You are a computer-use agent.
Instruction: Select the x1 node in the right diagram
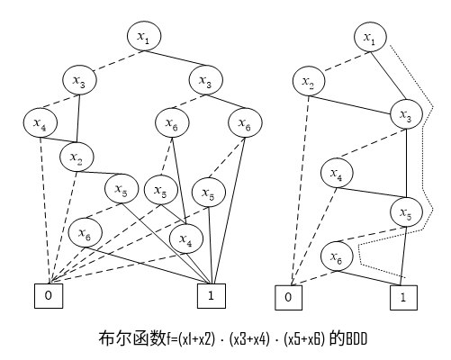point(370,37)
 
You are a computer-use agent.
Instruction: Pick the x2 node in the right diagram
point(308,83)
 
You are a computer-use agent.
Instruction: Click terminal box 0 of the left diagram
point(48,293)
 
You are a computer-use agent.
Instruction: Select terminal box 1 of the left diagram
point(212,293)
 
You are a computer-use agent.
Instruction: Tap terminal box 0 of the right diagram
point(289,295)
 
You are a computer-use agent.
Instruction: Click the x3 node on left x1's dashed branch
point(79,80)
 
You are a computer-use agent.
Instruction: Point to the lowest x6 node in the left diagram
point(84,233)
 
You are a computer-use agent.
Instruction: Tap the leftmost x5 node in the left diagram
point(120,189)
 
